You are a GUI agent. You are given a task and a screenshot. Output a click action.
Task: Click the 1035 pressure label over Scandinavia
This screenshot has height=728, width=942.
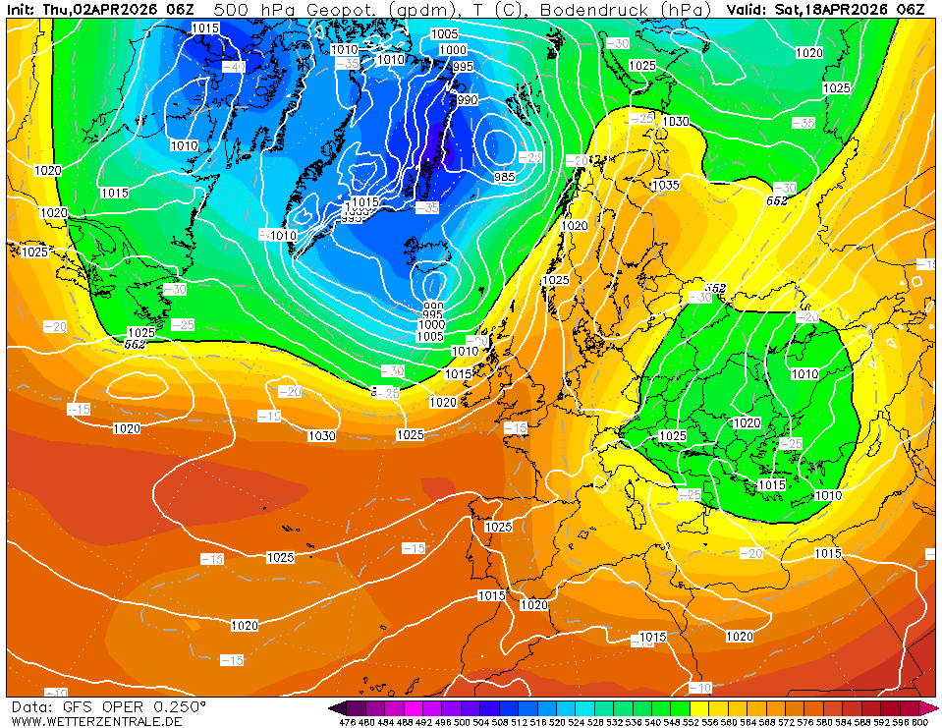665,185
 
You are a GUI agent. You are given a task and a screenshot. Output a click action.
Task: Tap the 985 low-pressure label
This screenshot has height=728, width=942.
504,176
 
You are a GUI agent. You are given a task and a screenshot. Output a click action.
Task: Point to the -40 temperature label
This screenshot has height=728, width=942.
233,67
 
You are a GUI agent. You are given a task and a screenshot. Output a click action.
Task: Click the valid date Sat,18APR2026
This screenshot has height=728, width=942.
833,9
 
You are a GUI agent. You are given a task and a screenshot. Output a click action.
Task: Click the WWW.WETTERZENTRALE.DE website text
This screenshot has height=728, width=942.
96,721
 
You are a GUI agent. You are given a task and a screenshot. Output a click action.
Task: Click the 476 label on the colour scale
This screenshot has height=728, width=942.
346,722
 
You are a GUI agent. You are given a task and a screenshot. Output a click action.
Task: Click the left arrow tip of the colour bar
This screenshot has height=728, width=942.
333,708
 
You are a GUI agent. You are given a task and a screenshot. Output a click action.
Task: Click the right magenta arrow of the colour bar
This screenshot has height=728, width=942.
932,708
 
